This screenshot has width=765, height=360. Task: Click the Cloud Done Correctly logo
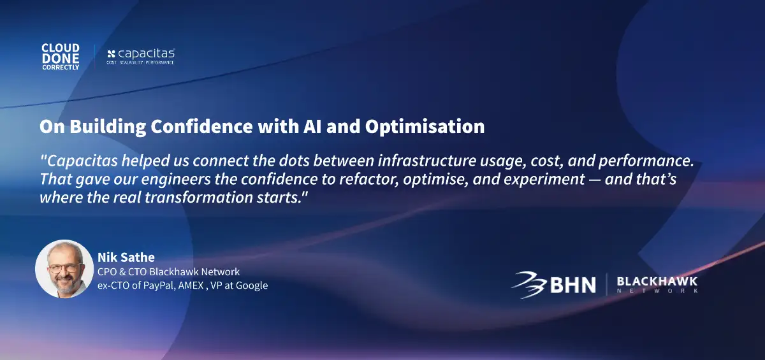(x=61, y=57)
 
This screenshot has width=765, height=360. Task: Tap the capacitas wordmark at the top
(x=146, y=54)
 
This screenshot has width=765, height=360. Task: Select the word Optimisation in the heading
(x=425, y=127)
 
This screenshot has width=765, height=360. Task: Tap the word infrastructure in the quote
(x=427, y=161)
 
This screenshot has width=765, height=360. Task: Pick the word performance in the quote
(x=646, y=161)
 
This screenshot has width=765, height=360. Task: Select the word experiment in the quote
(x=544, y=180)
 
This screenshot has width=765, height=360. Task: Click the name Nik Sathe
(x=126, y=257)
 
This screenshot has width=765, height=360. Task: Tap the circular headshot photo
(x=64, y=269)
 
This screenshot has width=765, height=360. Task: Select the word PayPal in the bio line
(x=160, y=285)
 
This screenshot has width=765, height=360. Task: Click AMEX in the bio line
(x=191, y=285)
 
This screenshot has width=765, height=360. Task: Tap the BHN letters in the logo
(x=573, y=285)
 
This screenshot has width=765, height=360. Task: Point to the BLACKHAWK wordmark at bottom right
(x=657, y=282)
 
